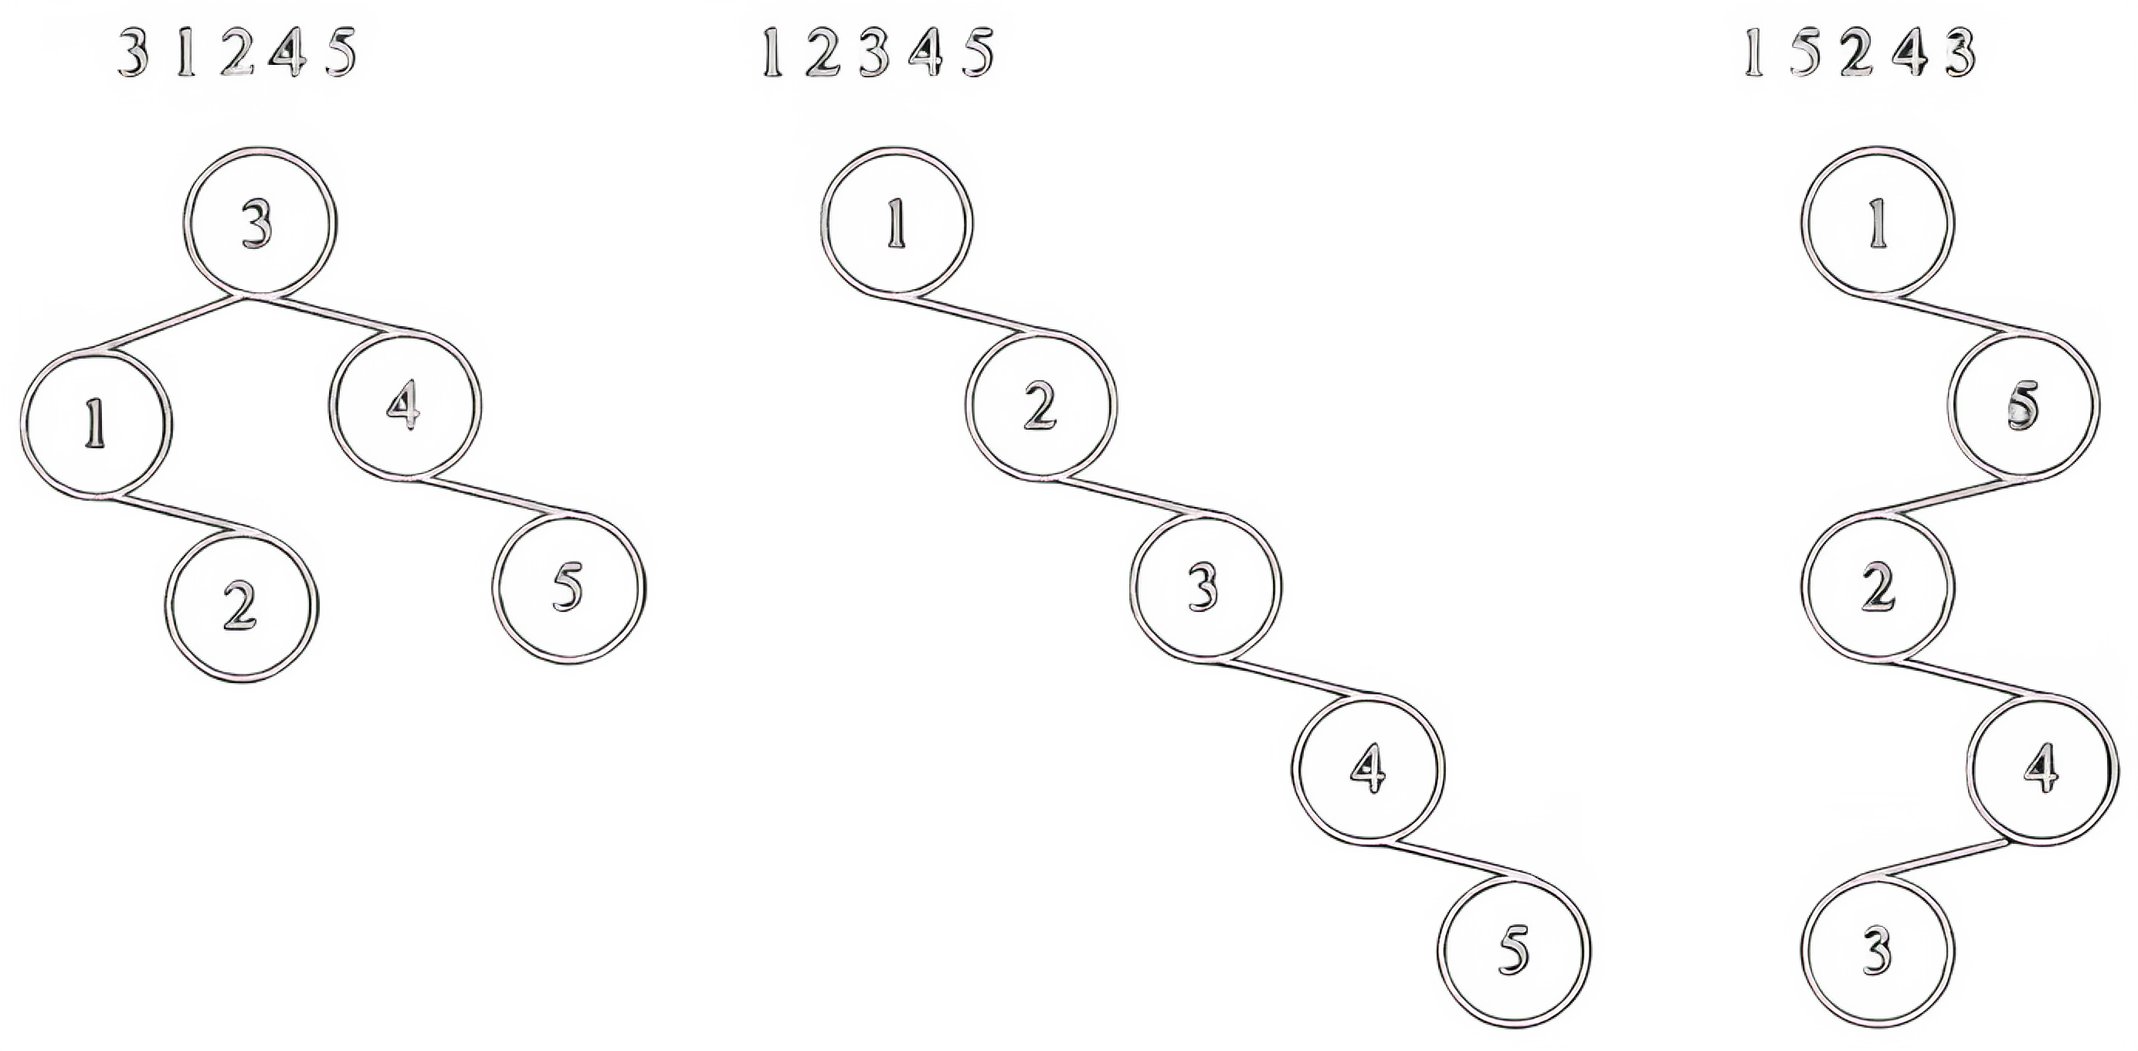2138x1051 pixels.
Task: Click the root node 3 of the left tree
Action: pos(260,222)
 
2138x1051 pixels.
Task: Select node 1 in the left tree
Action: pos(97,424)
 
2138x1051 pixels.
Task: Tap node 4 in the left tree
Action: pos(405,405)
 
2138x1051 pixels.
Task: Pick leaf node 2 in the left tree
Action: pos(242,606)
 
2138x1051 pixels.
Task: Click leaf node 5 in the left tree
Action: pos(568,588)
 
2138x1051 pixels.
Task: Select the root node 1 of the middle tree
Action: pos(896,222)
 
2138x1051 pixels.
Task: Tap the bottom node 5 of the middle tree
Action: pos(1515,951)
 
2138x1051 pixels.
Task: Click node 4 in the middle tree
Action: pos(1368,770)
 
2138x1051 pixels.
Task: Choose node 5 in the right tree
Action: pos(2024,405)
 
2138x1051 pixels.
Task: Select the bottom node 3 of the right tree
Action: pos(1878,951)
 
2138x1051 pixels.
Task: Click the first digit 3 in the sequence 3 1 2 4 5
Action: pos(133,53)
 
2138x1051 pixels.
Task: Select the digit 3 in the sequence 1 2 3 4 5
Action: pos(874,53)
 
